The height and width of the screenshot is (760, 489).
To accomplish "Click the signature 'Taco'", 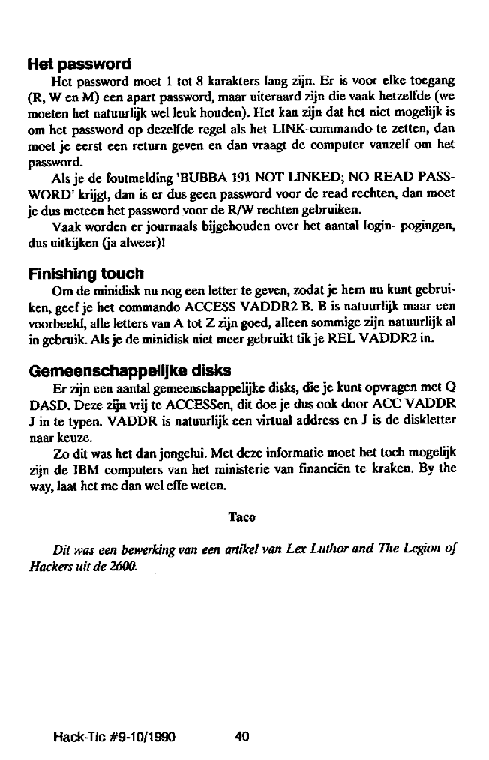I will (x=241, y=516).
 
